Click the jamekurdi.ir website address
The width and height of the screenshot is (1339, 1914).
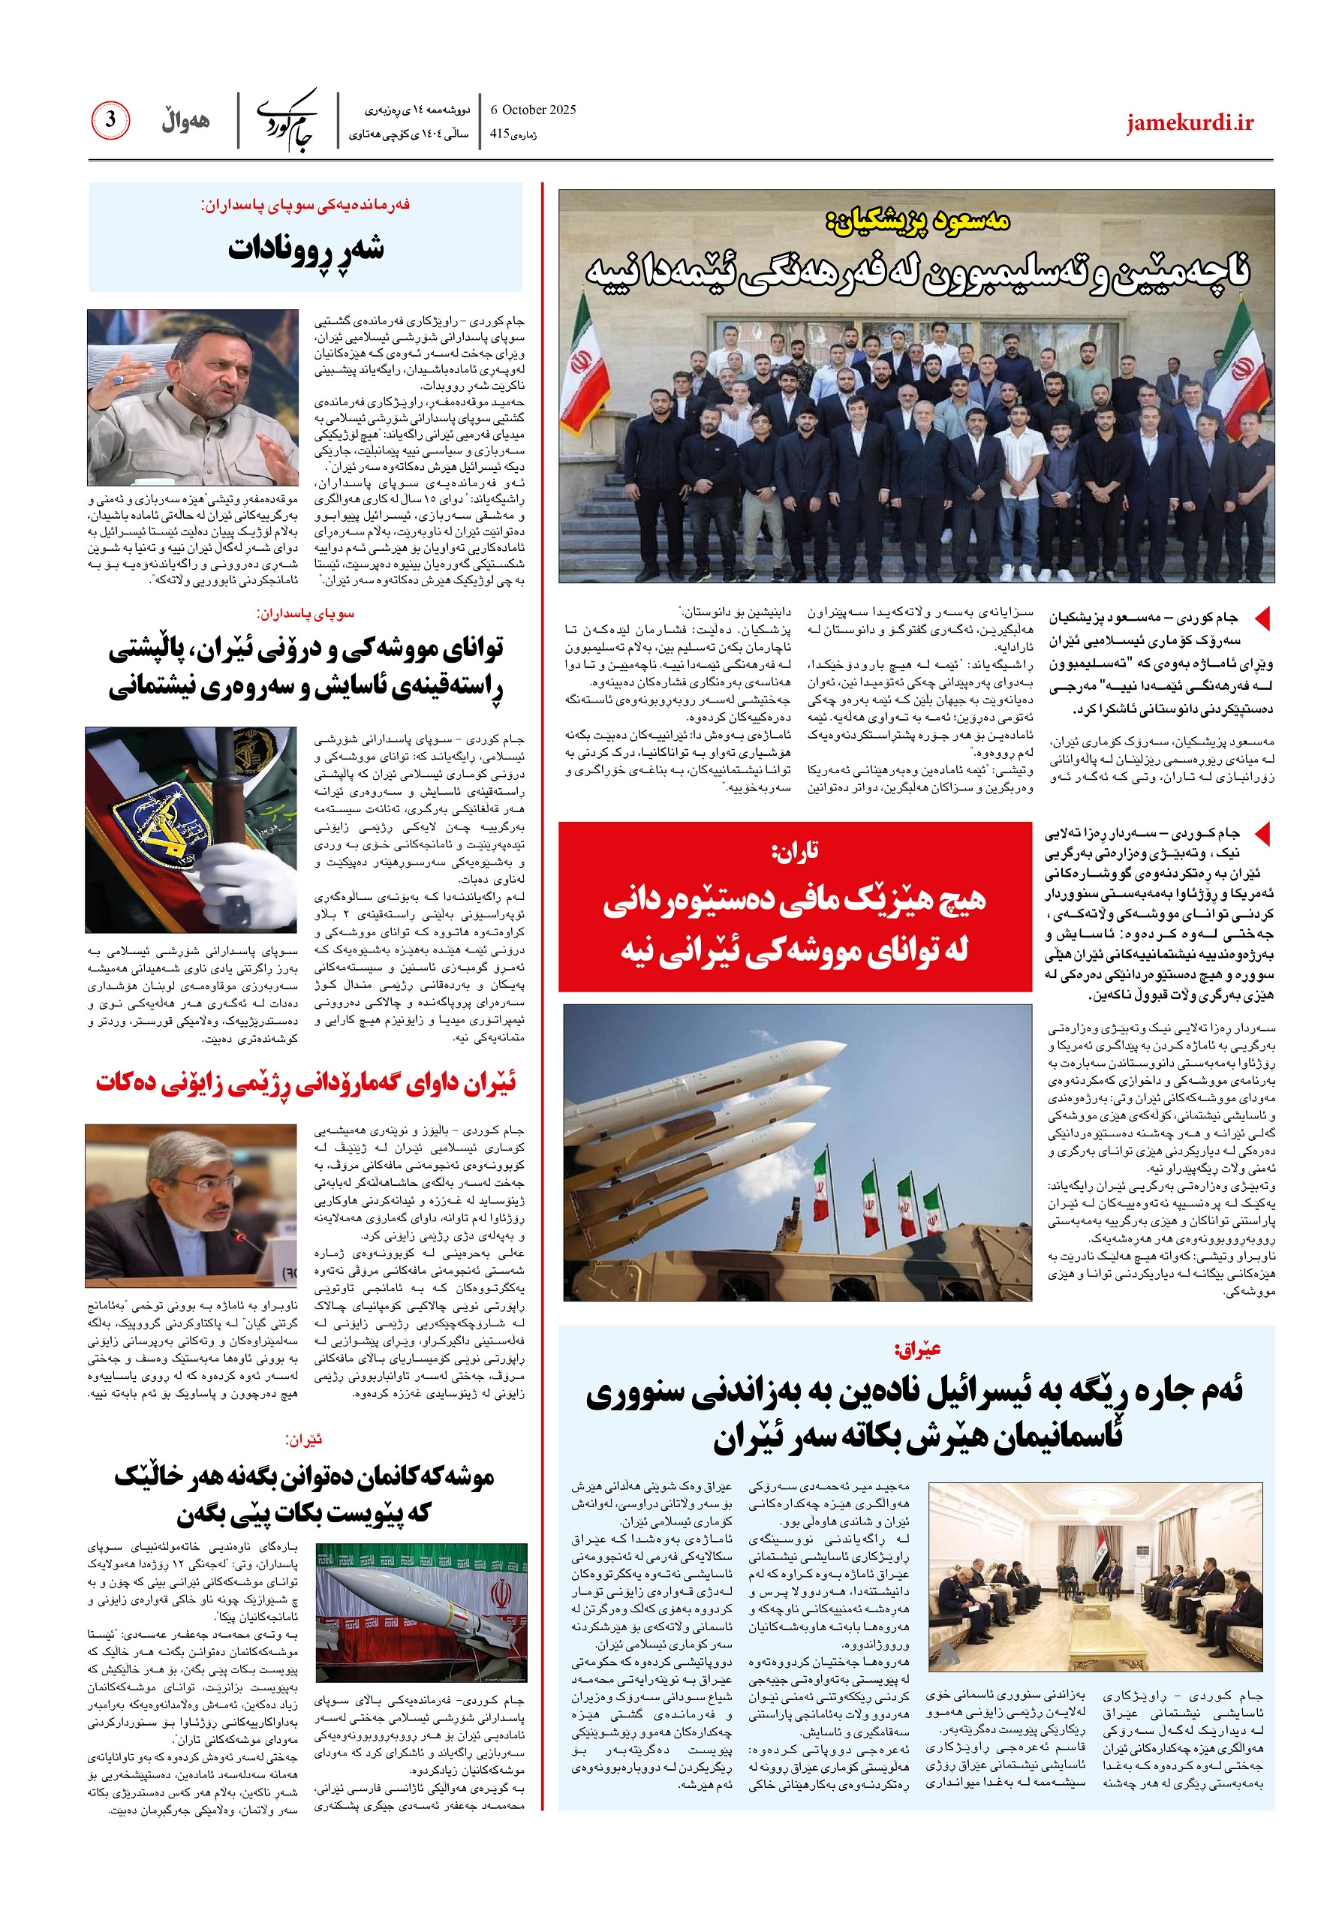point(1189,123)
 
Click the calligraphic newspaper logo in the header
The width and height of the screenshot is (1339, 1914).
point(287,120)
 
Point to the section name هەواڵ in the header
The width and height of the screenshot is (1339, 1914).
point(185,122)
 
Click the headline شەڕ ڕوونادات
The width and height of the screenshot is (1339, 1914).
point(306,248)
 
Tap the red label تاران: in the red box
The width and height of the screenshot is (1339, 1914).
point(795,851)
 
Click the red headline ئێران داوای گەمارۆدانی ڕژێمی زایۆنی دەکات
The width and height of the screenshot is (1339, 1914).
point(306,1083)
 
